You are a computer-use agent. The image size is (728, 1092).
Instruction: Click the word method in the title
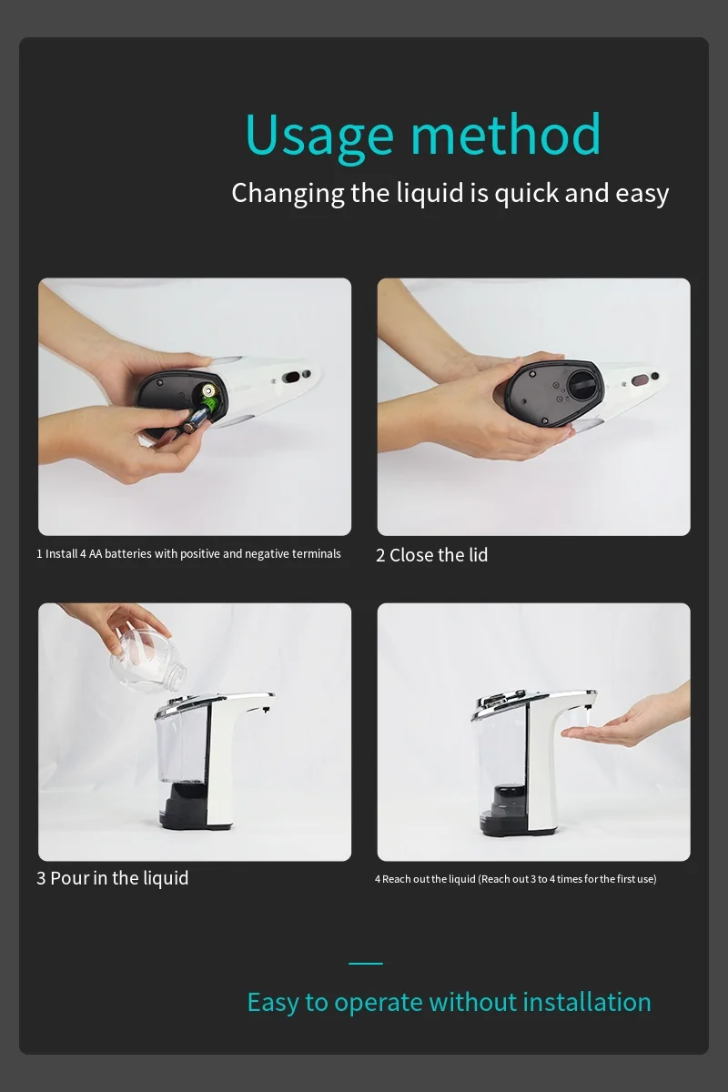tap(506, 135)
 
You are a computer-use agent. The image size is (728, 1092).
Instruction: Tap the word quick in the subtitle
tap(527, 193)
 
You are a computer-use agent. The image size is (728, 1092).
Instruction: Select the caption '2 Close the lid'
tap(432, 555)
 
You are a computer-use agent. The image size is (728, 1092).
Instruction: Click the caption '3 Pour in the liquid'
tap(113, 878)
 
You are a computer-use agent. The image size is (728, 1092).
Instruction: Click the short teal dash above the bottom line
tap(365, 963)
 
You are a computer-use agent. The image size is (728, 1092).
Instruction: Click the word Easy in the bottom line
tap(273, 1002)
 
